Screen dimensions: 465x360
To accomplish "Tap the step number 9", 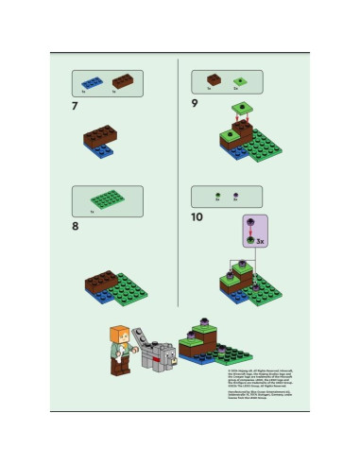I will [x=195, y=106].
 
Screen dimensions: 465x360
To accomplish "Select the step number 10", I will [x=197, y=216].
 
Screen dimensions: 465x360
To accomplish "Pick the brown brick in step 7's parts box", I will [x=122, y=81].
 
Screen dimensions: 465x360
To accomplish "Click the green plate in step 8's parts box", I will [x=105, y=199].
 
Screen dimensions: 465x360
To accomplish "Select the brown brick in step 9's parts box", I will [x=214, y=80].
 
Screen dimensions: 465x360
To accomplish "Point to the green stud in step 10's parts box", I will [x=216, y=197].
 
